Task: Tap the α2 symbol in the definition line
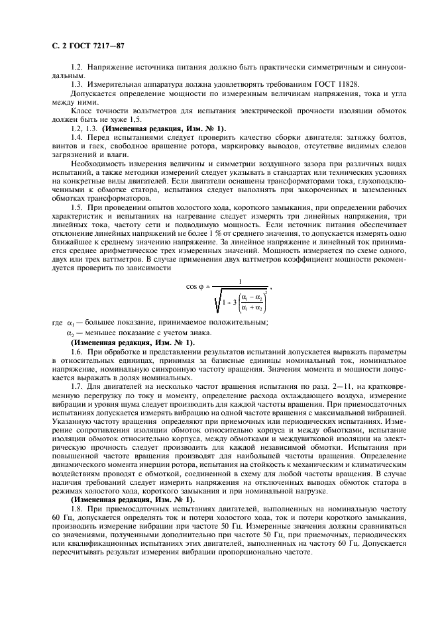(71, 332)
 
